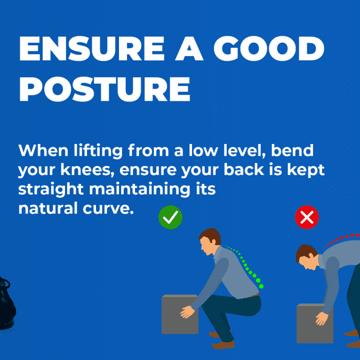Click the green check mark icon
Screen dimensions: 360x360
click(170, 218)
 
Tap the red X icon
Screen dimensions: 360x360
click(307, 218)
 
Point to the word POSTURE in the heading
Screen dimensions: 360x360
click(105, 90)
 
